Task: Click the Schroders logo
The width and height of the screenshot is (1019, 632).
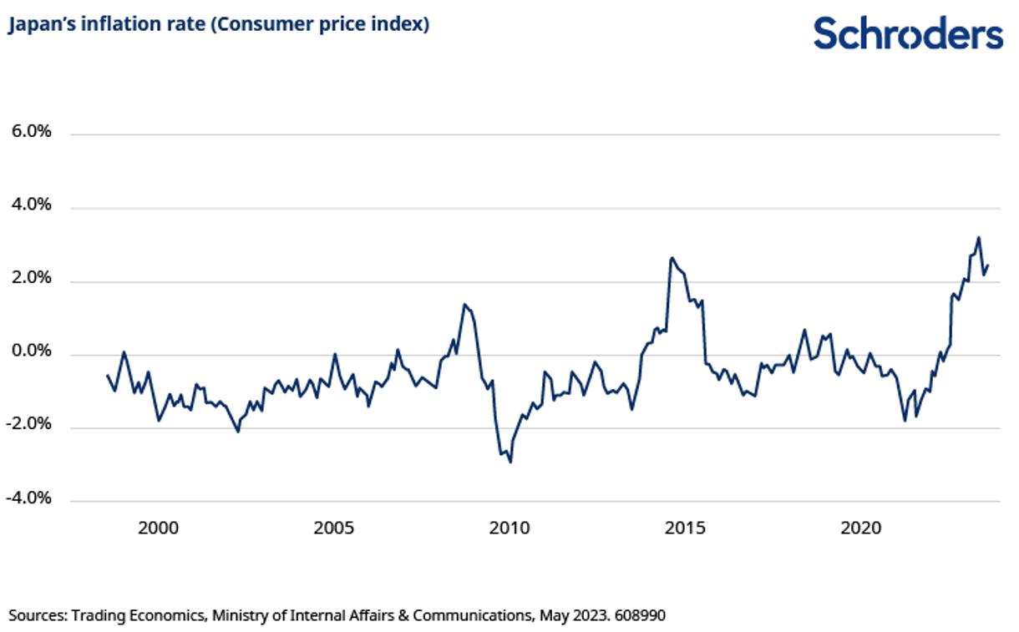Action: [x=908, y=33]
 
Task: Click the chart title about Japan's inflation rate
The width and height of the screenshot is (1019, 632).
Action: [x=219, y=25]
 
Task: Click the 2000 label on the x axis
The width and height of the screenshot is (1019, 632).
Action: [x=158, y=528]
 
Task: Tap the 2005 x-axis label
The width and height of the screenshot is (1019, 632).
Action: [x=333, y=528]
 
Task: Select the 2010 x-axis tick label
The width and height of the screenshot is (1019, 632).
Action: [x=510, y=528]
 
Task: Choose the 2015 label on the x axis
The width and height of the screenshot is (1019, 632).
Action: [x=685, y=528]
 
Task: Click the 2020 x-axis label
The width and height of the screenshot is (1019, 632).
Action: [x=861, y=528]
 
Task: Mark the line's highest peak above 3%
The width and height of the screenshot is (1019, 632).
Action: [x=978, y=238]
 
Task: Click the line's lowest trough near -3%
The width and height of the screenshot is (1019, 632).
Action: [x=510, y=462]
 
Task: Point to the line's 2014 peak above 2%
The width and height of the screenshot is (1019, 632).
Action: [x=672, y=258]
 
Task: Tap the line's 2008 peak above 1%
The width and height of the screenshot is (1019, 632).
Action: [x=464, y=305]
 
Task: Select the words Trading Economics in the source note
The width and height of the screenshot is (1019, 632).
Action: [x=138, y=616]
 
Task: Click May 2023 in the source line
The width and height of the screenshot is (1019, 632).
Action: [x=572, y=616]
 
